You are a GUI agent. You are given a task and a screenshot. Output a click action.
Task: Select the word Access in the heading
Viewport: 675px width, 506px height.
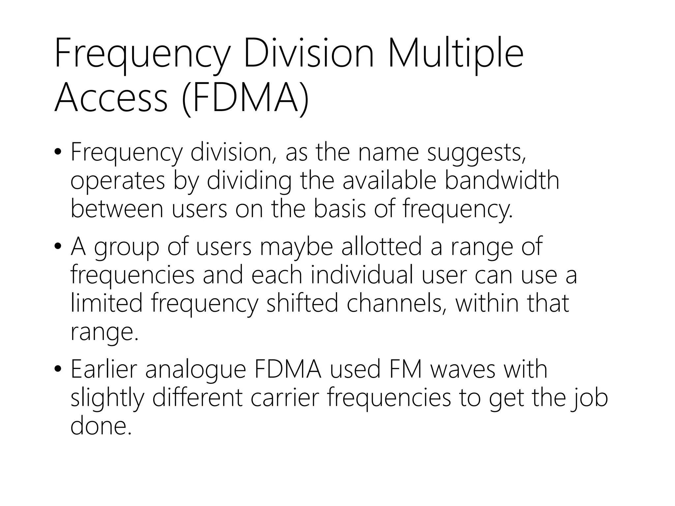click(111, 98)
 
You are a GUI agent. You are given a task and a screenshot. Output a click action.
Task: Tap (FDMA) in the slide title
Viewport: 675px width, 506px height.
click(245, 98)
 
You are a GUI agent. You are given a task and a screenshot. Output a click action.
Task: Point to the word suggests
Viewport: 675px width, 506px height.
click(476, 153)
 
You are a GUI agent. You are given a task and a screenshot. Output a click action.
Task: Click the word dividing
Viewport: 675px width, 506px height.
click(249, 182)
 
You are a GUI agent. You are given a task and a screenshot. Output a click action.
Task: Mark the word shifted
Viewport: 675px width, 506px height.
click(302, 303)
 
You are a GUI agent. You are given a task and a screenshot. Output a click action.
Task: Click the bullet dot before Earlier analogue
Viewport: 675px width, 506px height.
click(58, 369)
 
